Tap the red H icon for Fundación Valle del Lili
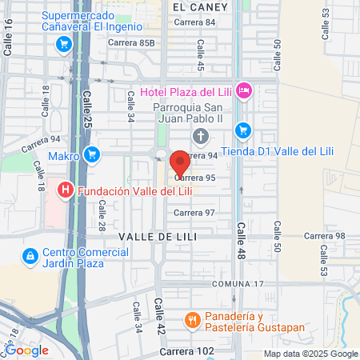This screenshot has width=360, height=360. tap(66, 190)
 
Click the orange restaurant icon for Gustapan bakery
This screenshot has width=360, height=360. tap(192, 322)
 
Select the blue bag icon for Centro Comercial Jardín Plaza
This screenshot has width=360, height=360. tap(30, 256)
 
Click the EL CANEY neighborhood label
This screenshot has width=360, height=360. tap(200, 6)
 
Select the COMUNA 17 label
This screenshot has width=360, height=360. tap(238, 284)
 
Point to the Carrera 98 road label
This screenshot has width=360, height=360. tap(329, 236)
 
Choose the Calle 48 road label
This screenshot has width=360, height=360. tap(240, 240)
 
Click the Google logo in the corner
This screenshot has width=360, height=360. tap(26, 350)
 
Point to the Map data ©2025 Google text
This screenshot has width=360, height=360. tap(311, 354)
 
